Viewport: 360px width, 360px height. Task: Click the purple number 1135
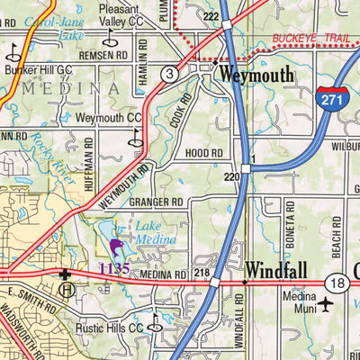pyautogui.click(x=115, y=269)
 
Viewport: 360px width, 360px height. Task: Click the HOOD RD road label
pyautogui.click(x=203, y=154)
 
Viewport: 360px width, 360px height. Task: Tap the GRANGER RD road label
pyautogui.click(x=156, y=202)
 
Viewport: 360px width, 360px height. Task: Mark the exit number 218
pyautogui.click(x=201, y=272)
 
